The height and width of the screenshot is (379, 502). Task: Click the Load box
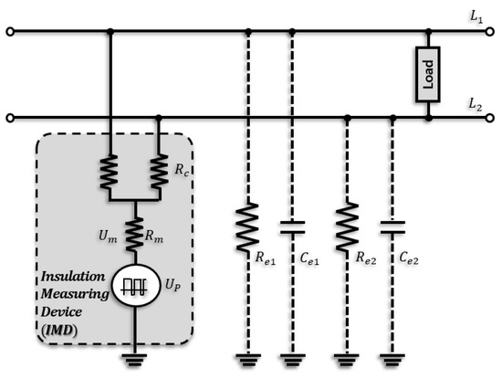tap(427, 74)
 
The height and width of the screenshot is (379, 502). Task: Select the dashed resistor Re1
tap(247, 231)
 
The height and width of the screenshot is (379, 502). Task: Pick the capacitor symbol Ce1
tap(291, 231)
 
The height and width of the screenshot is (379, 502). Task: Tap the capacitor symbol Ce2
tap(392, 231)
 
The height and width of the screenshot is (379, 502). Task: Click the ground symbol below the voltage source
tap(134, 358)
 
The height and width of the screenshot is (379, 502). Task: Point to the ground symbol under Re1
tap(247, 358)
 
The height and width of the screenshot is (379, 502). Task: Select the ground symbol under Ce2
tap(392, 358)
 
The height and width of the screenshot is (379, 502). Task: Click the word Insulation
tap(70, 277)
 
